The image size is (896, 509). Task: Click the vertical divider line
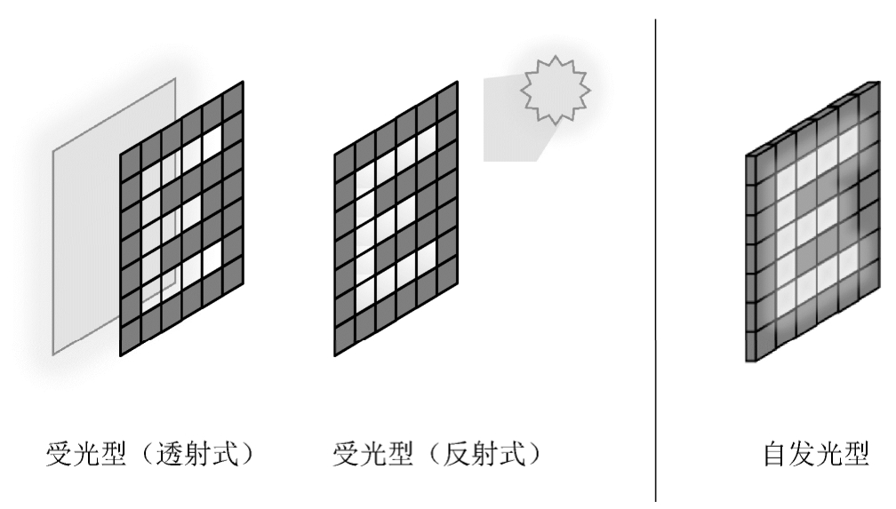click(x=657, y=258)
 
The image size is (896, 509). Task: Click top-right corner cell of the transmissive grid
click(x=233, y=99)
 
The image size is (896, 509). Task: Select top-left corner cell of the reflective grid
click(x=345, y=160)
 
